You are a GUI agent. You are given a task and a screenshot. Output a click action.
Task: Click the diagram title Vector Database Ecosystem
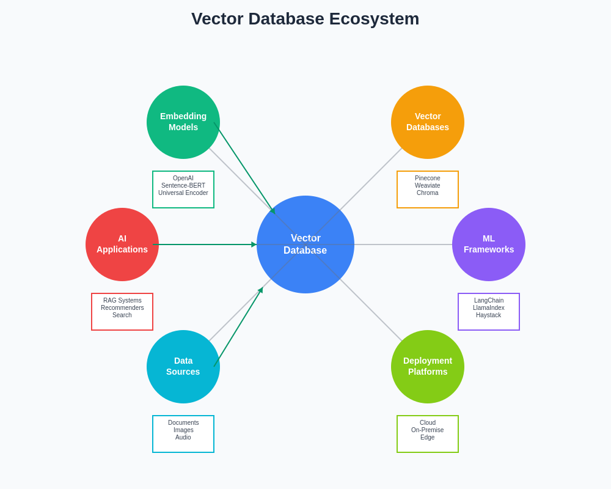point(305,19)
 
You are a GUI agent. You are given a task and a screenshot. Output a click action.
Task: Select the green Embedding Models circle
point(183,122)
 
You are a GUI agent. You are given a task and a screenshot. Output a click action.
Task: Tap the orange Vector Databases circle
point(428,122)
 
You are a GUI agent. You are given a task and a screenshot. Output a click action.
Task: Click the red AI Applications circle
point(122,244)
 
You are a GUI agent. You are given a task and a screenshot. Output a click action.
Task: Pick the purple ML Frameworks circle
point(489,244)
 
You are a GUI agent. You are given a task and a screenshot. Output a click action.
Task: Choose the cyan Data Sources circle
point(183,367)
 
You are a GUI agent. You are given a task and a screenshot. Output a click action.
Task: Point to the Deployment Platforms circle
point(428,367)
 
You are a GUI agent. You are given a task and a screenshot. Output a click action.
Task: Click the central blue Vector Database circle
point(305,244)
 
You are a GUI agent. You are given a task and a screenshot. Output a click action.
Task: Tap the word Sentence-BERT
point(183,186)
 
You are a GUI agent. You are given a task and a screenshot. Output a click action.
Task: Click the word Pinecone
point(428,178)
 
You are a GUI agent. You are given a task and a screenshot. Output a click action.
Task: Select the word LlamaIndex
point(489,308)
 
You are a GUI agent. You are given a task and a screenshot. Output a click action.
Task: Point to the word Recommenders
point(122,308)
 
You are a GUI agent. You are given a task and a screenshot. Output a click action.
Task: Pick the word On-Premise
point(428,430)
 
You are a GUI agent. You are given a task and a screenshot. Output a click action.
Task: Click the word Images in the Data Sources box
point(183,430)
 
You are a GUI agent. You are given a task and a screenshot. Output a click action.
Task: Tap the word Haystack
point(489,315)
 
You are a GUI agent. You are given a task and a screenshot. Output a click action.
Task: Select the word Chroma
point(428,193)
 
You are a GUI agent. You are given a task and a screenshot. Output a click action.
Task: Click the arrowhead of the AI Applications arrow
point(254,244)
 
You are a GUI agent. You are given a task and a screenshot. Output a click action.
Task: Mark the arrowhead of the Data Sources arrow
point(261,290)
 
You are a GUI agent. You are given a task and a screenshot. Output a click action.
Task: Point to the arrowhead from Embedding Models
point(273,211)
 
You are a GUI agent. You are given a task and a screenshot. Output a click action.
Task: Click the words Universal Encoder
point(183,193)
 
